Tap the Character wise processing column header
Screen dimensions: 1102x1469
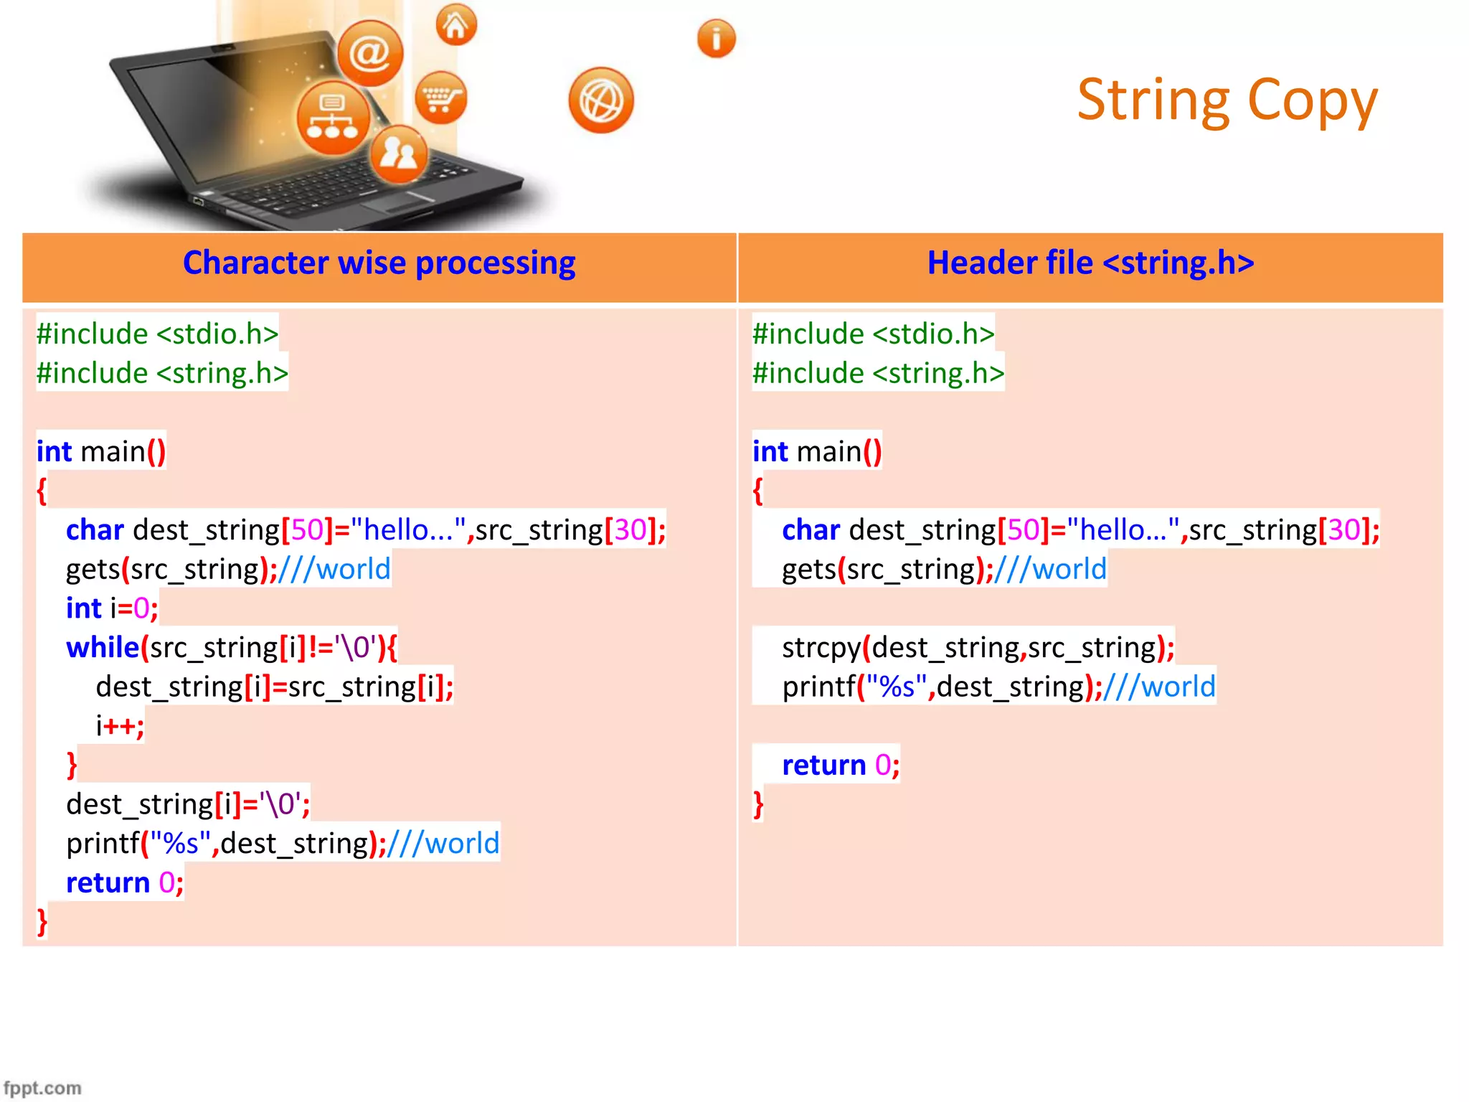pyautogui.click(x=379, y=263)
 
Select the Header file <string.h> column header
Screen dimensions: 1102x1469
pyautogui.click(x=1090, y=263)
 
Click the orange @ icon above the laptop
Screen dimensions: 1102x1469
pyautogui.click(x=370, y=52)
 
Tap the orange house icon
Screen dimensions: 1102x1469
pyautogui.click(x=456, y=25)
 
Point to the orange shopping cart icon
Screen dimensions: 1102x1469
pyautogui.click(x=440, y=98)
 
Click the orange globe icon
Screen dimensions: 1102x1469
pyautogui.click(x=601, y=100)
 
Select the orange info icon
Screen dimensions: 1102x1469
pyautogui.click(x=716, y=39)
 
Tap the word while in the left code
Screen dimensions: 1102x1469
pyautogui.click(x=102, y=648)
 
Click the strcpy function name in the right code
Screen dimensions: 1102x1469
pyautogui.click(x=821, y=648)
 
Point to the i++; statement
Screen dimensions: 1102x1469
pyautogui.click(x=120, y=726)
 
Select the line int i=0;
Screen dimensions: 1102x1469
pyautogui.click(x=112, y=608)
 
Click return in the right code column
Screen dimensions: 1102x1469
pyautogui.click(x=823, y=766)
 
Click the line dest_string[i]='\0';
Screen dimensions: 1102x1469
pyautogui.click(x=188, y=804)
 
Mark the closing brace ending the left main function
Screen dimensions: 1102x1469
pyautogui.click(x=42, y=922)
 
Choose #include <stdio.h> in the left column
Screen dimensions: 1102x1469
pyautogui.click(x=157, y=334)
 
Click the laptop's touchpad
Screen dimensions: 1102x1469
pyautogui.click(x=397, y=203)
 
